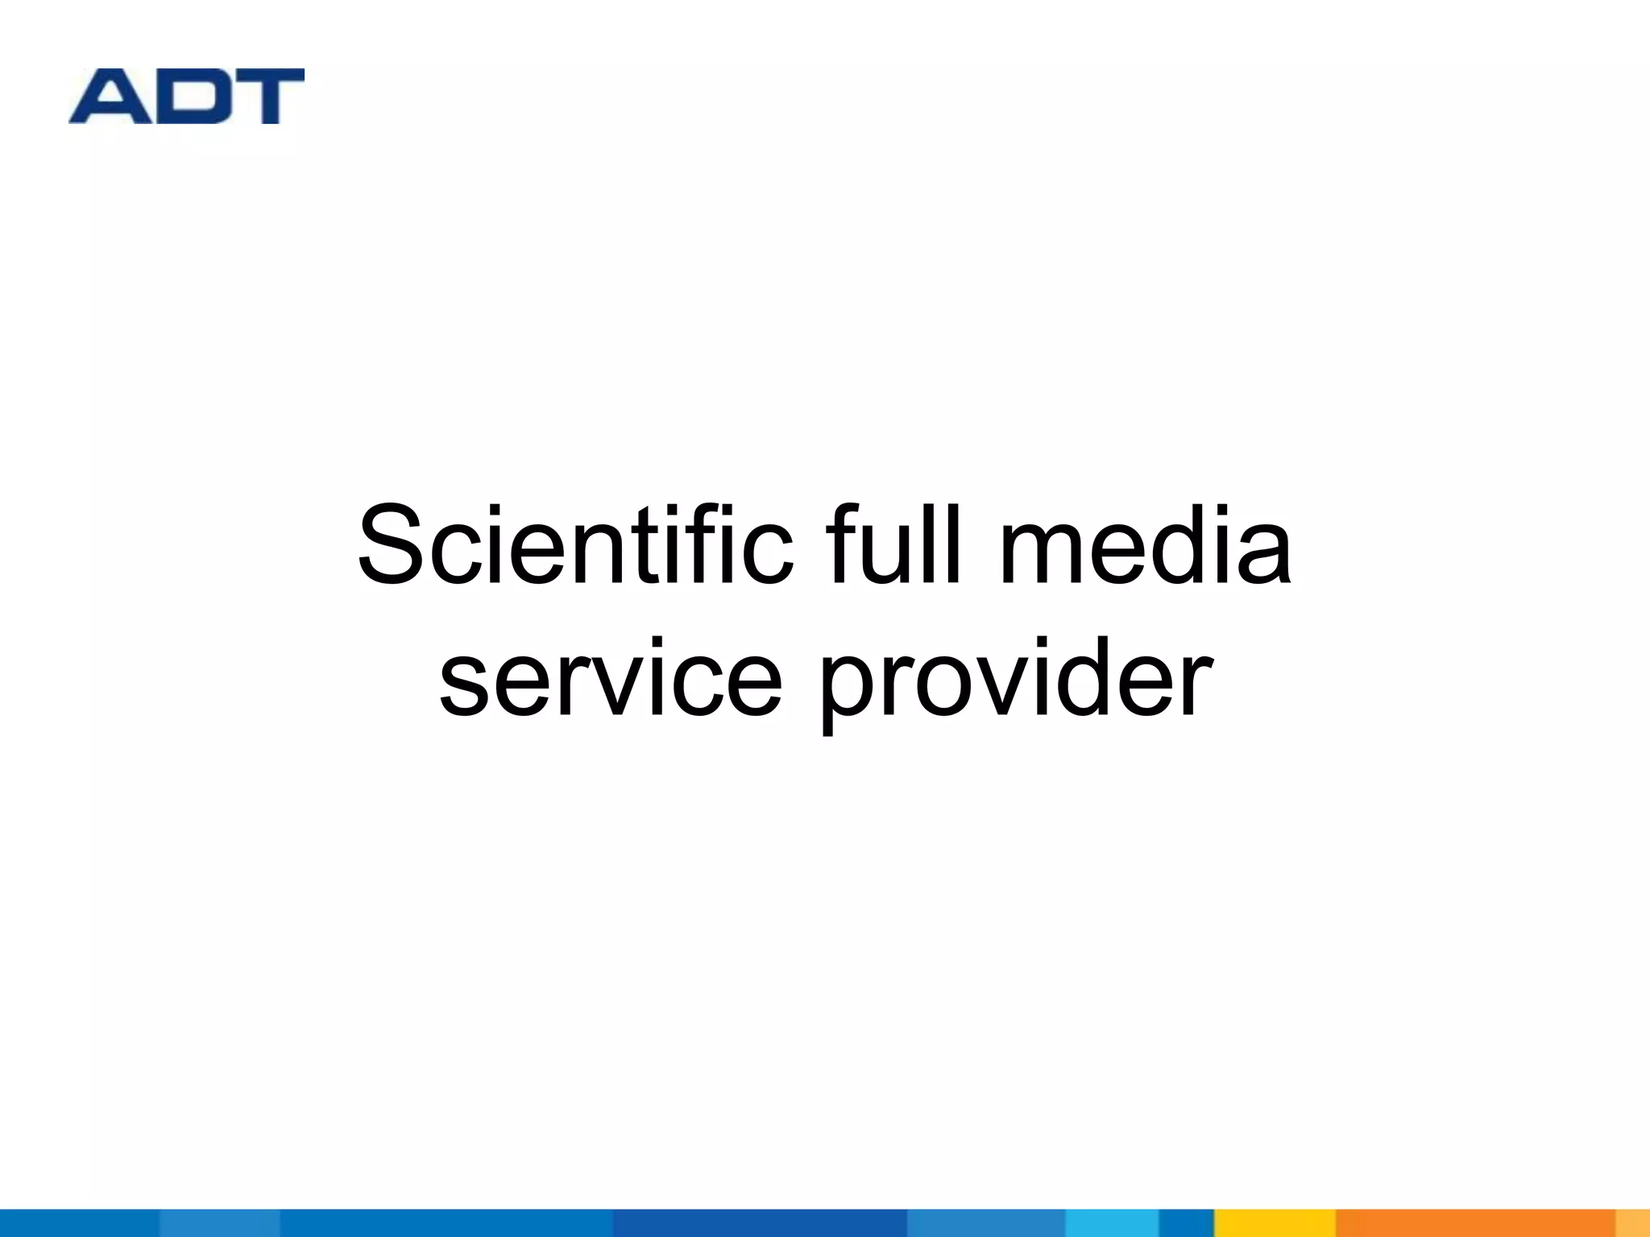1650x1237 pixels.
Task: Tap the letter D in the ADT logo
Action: [x=189, y=97]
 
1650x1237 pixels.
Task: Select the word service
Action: [x=610, y=678]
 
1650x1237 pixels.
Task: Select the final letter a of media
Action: [x=1263, y=556]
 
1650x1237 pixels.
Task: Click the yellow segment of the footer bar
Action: [x=1275, y=1223]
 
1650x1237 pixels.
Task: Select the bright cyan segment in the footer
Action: [x=1112, y=1223]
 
